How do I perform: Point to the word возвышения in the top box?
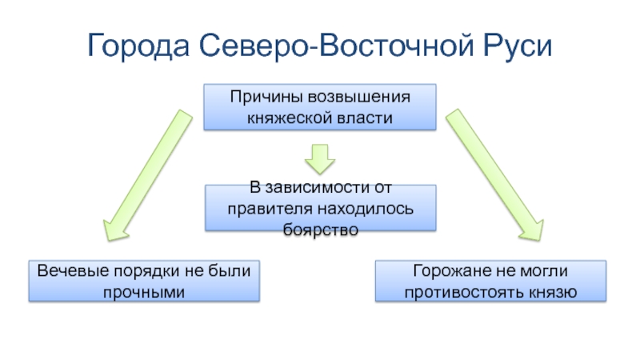[x=365, y=98]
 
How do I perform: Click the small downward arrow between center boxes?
[x=320, y=158]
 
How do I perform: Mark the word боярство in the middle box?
[x=320, y=229]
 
